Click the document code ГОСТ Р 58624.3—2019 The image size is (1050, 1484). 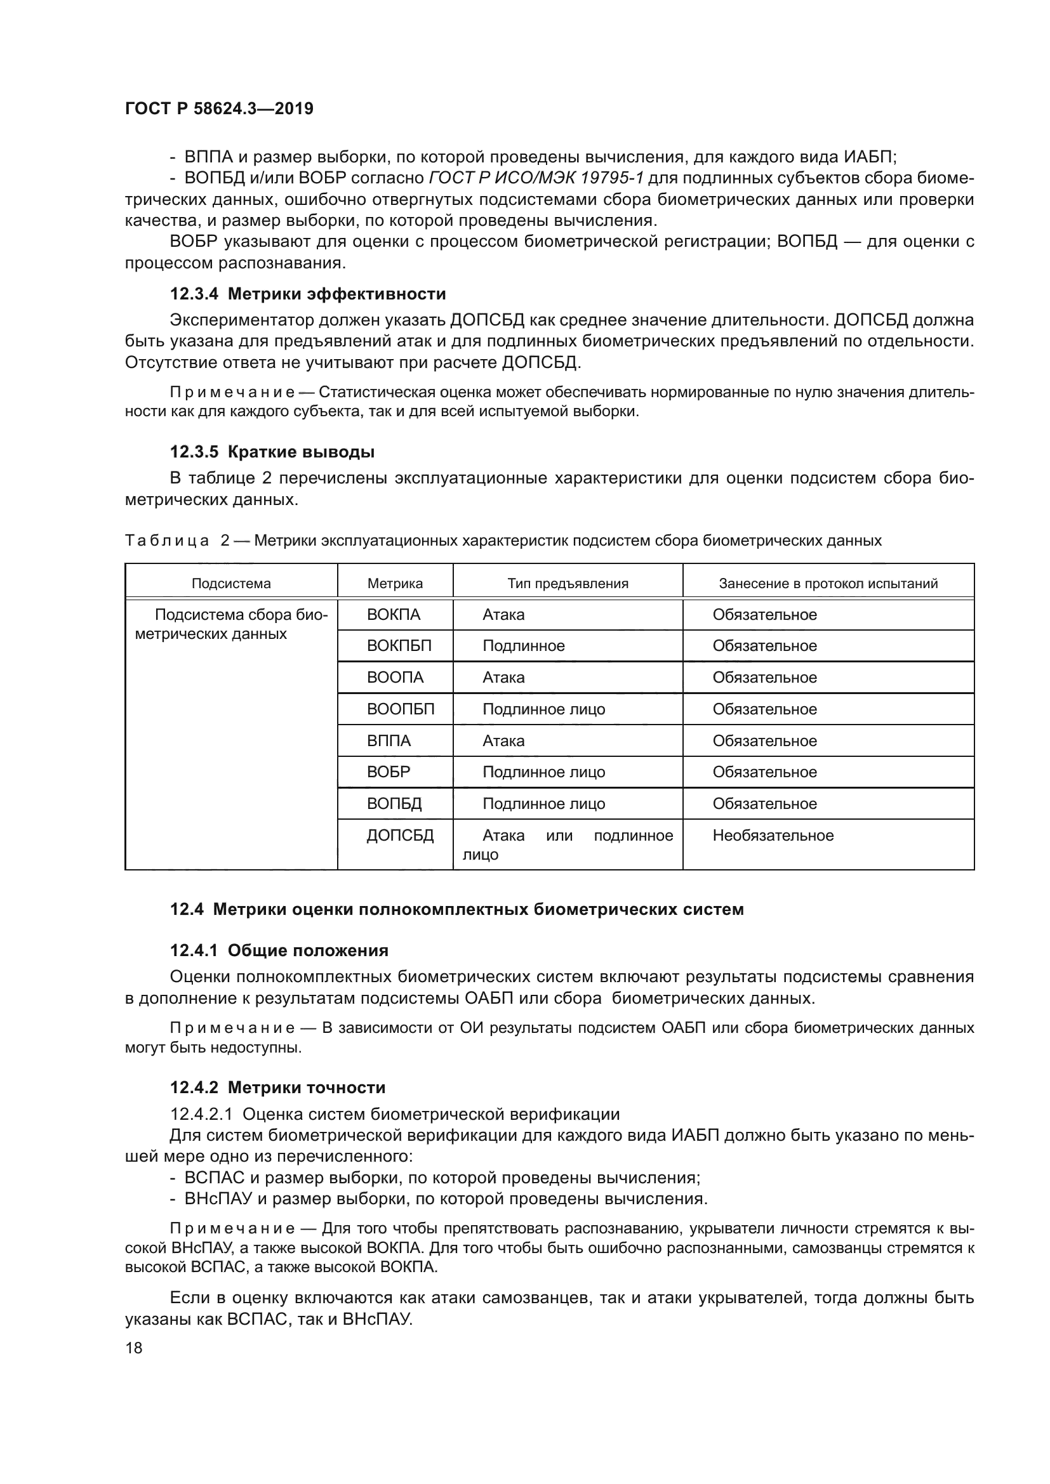click(218, 108)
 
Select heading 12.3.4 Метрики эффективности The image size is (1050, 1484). click(308, 294)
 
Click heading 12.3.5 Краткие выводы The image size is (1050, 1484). click(272, 452)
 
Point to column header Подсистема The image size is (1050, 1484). click(231, 584)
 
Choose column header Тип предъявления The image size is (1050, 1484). click(567, 584)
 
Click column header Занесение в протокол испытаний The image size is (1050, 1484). click(828, 584)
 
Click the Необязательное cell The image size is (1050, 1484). click(773, 835)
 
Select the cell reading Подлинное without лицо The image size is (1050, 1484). click(523, 646)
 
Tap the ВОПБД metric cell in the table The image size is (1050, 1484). click(394, 803)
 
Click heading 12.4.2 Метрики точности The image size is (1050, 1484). click(277, 1088)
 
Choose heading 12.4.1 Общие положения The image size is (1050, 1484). click(279, 950)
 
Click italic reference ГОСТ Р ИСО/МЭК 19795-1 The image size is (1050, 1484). click(535, 178)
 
